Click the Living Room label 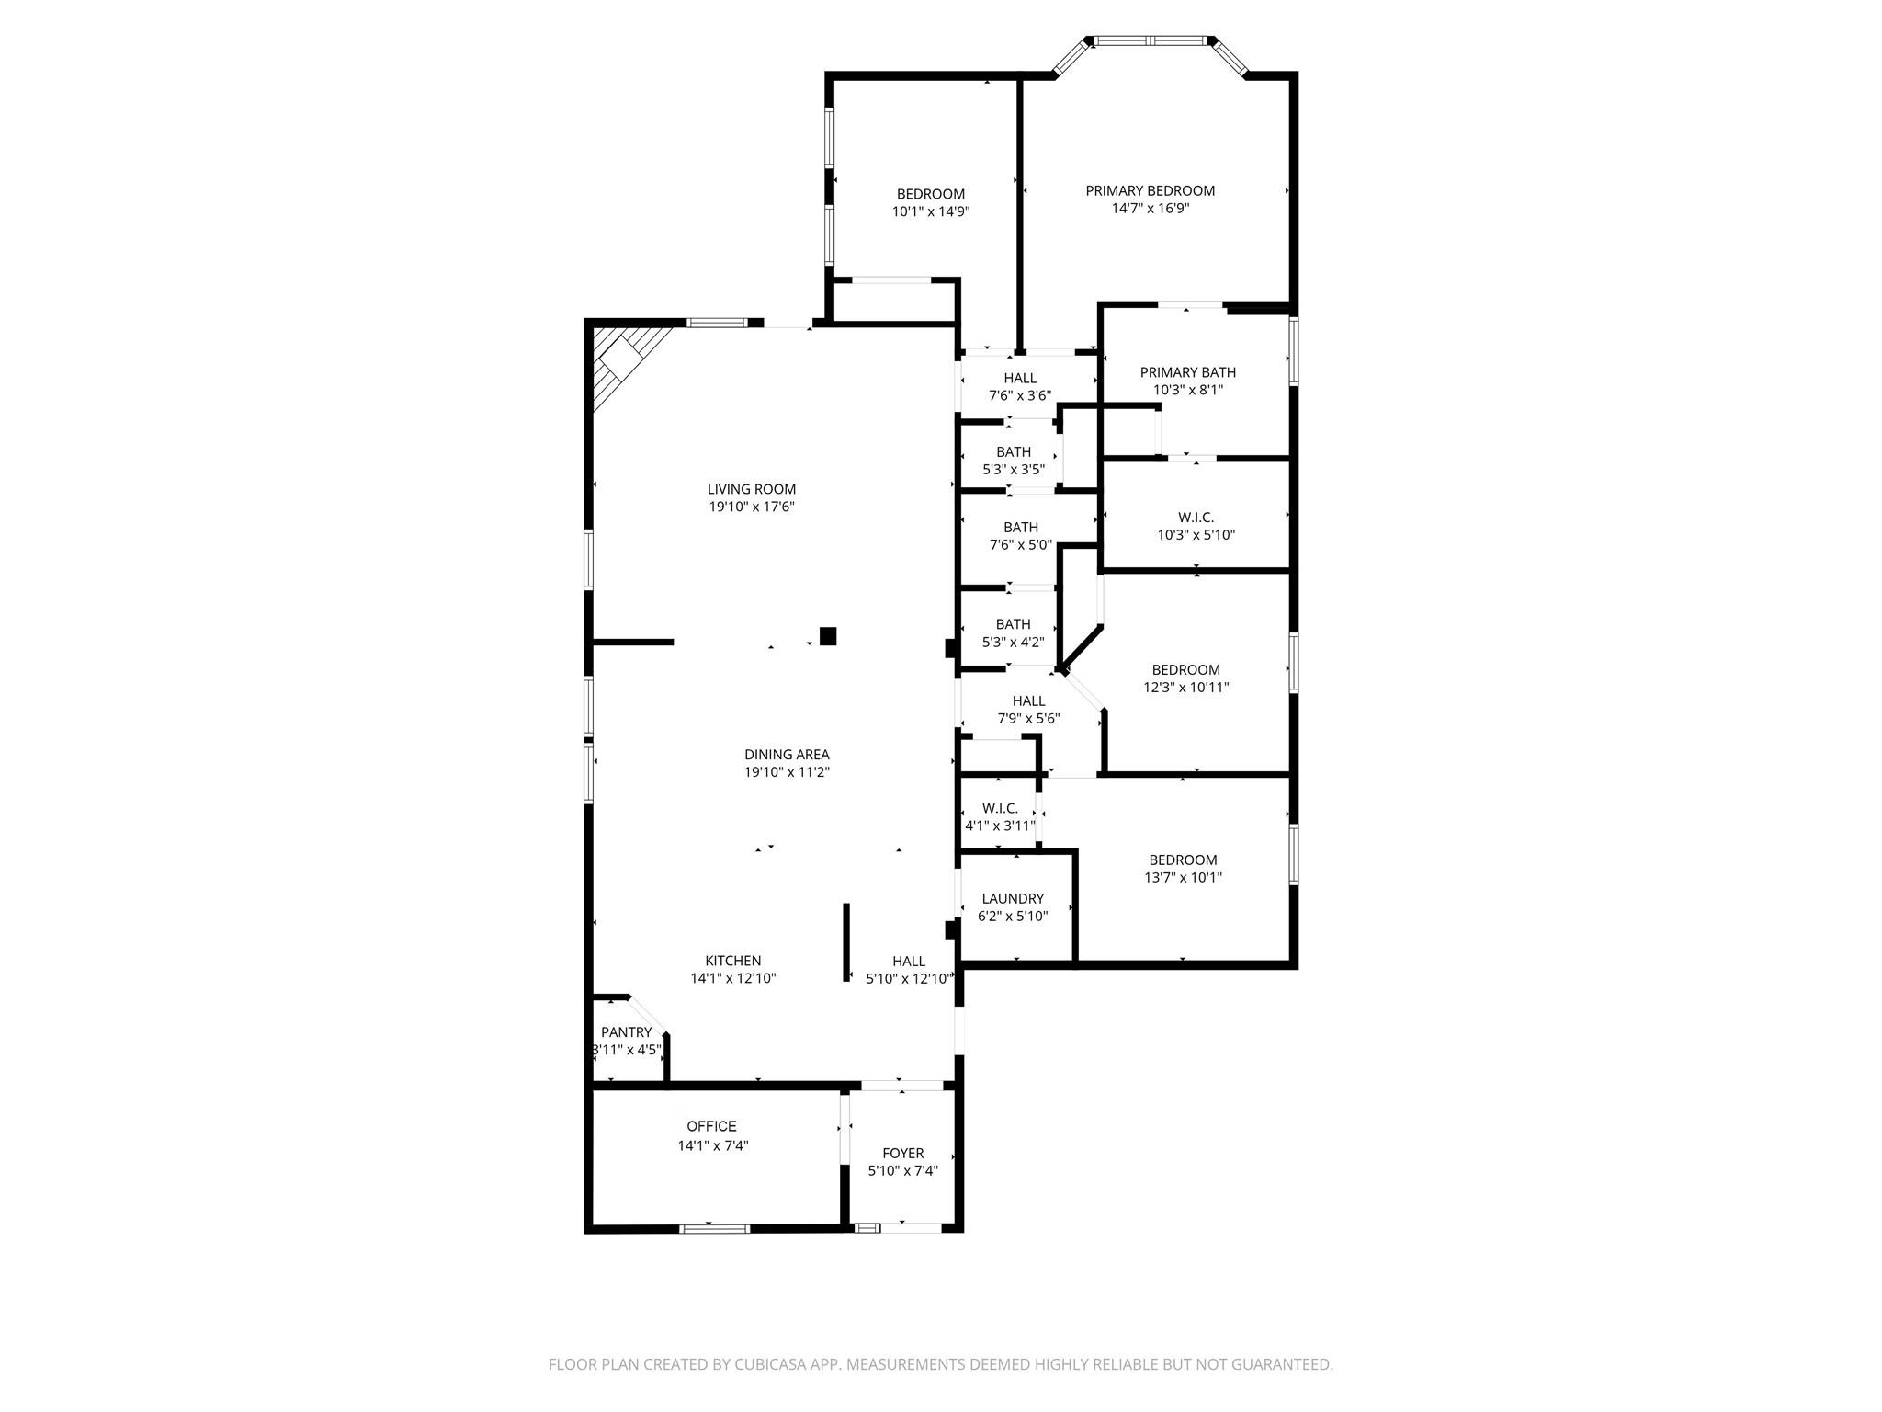(x=751, y=489)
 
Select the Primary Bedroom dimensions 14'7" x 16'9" (x=1151, y=209)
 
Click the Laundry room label (x=1013, y=898)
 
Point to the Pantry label (x=626, y=1032)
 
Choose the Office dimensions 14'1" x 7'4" (x=713, y=1145)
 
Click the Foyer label (x=902, y=1153)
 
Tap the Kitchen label (x=732, y=961)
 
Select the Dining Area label (x=787, y=755)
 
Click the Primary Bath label (x=1187, y=372)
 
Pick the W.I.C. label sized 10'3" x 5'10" (x=1196, y=518)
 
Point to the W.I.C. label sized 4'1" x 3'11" (x=1000, y=808)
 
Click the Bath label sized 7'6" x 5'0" (x=1020, y=527)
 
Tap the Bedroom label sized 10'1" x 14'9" (x=930, y=194)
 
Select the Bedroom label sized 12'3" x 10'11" (x=1185, y=669)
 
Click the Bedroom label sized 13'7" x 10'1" (x=1182, y=860)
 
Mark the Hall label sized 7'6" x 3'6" (x=1019, y=378)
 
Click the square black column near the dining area (x=828, y=635)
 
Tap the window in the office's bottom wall (x=714, y=1228)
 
